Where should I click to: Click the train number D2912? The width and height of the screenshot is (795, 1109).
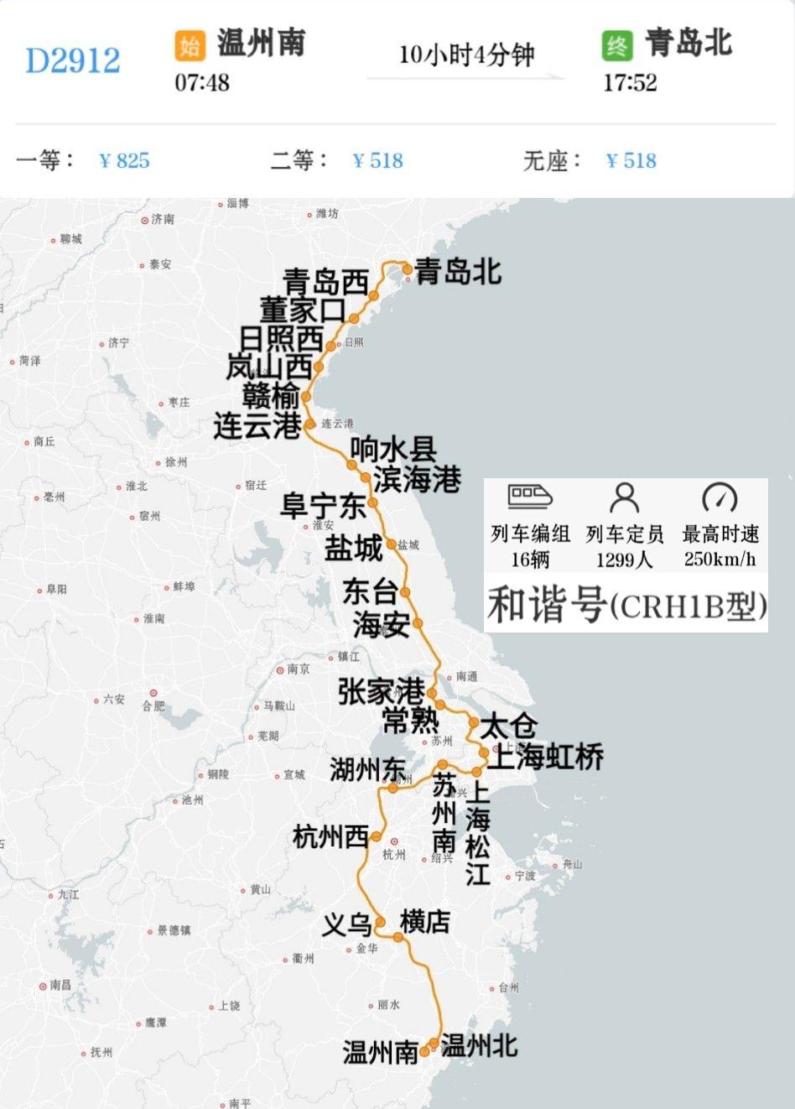pos(73,60)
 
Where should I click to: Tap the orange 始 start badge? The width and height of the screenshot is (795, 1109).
pos(190,45)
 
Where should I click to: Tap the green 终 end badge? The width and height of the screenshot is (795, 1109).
pos(617,45)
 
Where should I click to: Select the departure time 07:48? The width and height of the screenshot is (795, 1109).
pos(202,83)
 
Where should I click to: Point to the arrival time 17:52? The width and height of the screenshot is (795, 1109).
pos(630,83)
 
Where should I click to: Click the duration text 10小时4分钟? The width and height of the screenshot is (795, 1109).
pos(466,55)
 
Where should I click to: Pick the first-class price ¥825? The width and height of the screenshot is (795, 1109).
pos(124,160)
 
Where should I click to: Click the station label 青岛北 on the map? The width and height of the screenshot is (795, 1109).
pos(459,272)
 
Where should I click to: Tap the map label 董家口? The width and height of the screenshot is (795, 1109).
pos(302,310)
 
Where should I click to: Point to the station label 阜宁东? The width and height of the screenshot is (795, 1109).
pos(323,507)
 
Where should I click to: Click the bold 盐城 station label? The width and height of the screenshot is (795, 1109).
pos(354,549)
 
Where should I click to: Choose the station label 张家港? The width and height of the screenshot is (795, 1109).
pos(381,692)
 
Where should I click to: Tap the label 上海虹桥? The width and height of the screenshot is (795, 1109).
pos(546,758)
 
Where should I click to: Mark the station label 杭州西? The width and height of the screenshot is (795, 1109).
pos(330,837)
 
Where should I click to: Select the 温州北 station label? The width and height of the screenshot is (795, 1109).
pos(479,1046)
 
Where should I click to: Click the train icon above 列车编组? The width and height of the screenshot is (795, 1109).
pos(530,497)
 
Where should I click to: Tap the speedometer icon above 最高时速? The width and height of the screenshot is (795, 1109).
pos(720,497)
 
